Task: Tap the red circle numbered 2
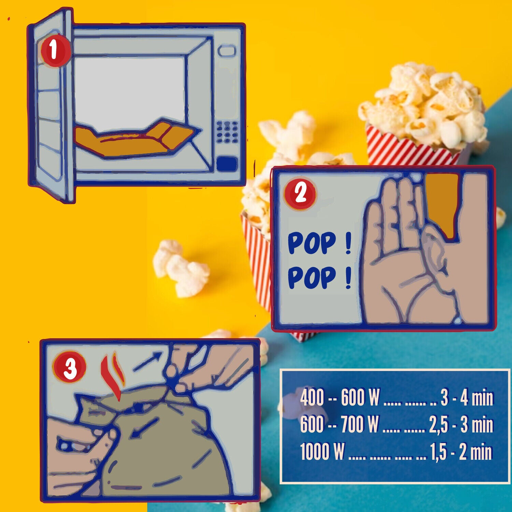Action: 300,194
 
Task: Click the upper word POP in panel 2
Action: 311,243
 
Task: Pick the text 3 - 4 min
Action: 467,398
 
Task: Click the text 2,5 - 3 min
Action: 461,425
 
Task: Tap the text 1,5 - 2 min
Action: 461,452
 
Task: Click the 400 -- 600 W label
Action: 340,397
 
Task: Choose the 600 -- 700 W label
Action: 340,425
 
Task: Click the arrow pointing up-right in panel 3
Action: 147,362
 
